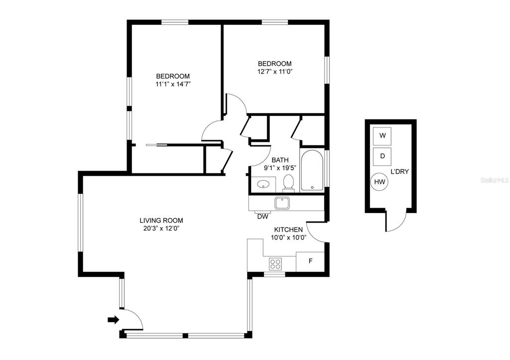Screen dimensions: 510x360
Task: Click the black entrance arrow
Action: (113, 320)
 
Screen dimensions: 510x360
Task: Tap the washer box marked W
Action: (382, 136)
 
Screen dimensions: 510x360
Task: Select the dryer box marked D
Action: (382, 156)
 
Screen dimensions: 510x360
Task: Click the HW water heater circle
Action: (379, 182)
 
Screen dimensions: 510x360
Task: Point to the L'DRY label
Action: (399, 172)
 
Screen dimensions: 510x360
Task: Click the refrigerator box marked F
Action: (310, 261)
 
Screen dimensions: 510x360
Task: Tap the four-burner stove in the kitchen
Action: (275, 263)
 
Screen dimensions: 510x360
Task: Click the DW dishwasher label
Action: (263, 217)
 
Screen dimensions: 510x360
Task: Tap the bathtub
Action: (312, 170)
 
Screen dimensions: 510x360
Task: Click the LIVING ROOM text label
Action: (161, 221)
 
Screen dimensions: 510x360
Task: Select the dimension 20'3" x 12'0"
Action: (161, 228)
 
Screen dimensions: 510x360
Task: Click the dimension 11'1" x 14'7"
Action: (173, 84)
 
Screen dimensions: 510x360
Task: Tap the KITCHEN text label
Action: (288, 230)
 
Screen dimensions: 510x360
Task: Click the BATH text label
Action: (280, 160)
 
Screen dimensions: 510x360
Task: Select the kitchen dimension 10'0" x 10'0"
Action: (289, 238)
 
